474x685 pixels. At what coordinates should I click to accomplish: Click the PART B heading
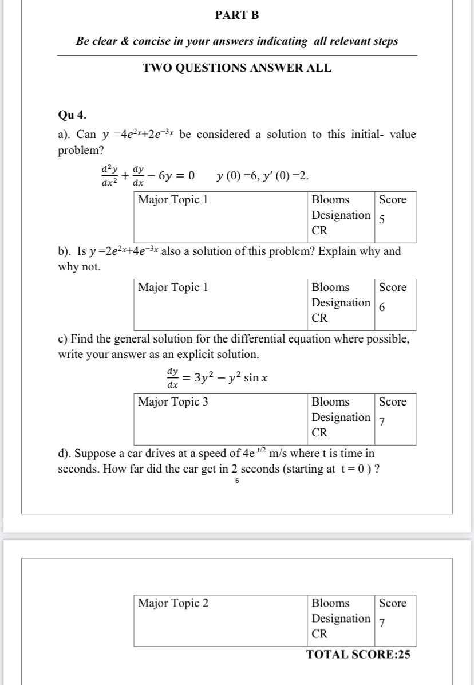[x=237, y=15]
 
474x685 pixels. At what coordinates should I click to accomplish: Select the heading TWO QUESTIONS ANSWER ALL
[x=237, y=68]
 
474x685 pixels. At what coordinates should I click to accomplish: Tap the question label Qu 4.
[x=73, y=115]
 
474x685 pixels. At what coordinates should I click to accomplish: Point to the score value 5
[x=382, y=220]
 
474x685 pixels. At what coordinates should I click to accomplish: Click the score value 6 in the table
[x=382, y=307]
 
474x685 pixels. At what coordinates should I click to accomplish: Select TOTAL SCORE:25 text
[x=358, y=655]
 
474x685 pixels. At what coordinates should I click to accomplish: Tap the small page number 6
[x=236, y=481]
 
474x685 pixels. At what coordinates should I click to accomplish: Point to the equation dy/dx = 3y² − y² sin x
[x=218, y=378]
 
